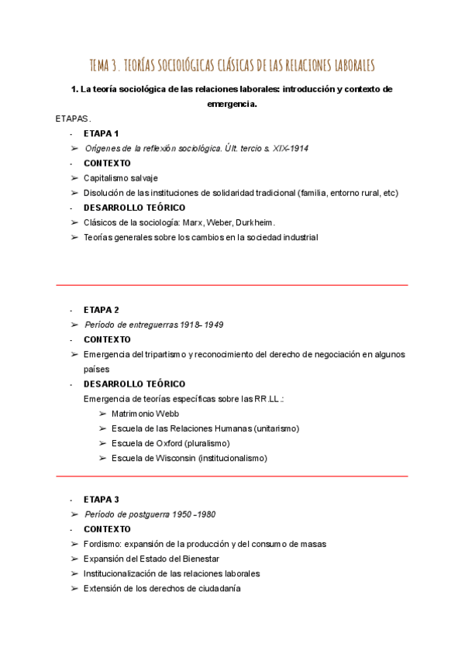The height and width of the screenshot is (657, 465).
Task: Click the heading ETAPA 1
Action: point(101,133)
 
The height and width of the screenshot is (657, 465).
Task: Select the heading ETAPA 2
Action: point(101,310)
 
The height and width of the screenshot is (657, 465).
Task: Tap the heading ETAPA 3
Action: point(101,499)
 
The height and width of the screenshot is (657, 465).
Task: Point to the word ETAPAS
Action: point(73,119)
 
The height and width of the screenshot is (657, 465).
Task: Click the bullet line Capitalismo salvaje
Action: point(120,178)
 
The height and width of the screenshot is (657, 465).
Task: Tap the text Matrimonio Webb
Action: point(145,414)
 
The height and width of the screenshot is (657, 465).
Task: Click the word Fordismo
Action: point(102,544)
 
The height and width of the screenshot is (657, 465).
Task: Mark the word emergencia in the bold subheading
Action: point(232,104)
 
